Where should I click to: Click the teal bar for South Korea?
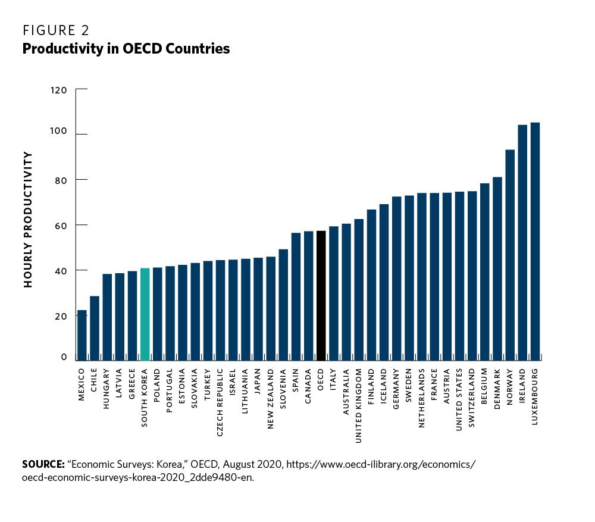(145, 314)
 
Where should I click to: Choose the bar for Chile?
(94, 328)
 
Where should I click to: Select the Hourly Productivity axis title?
(27, 220)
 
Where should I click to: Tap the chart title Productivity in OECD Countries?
(126, 49)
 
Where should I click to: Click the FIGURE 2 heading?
(56, 30)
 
